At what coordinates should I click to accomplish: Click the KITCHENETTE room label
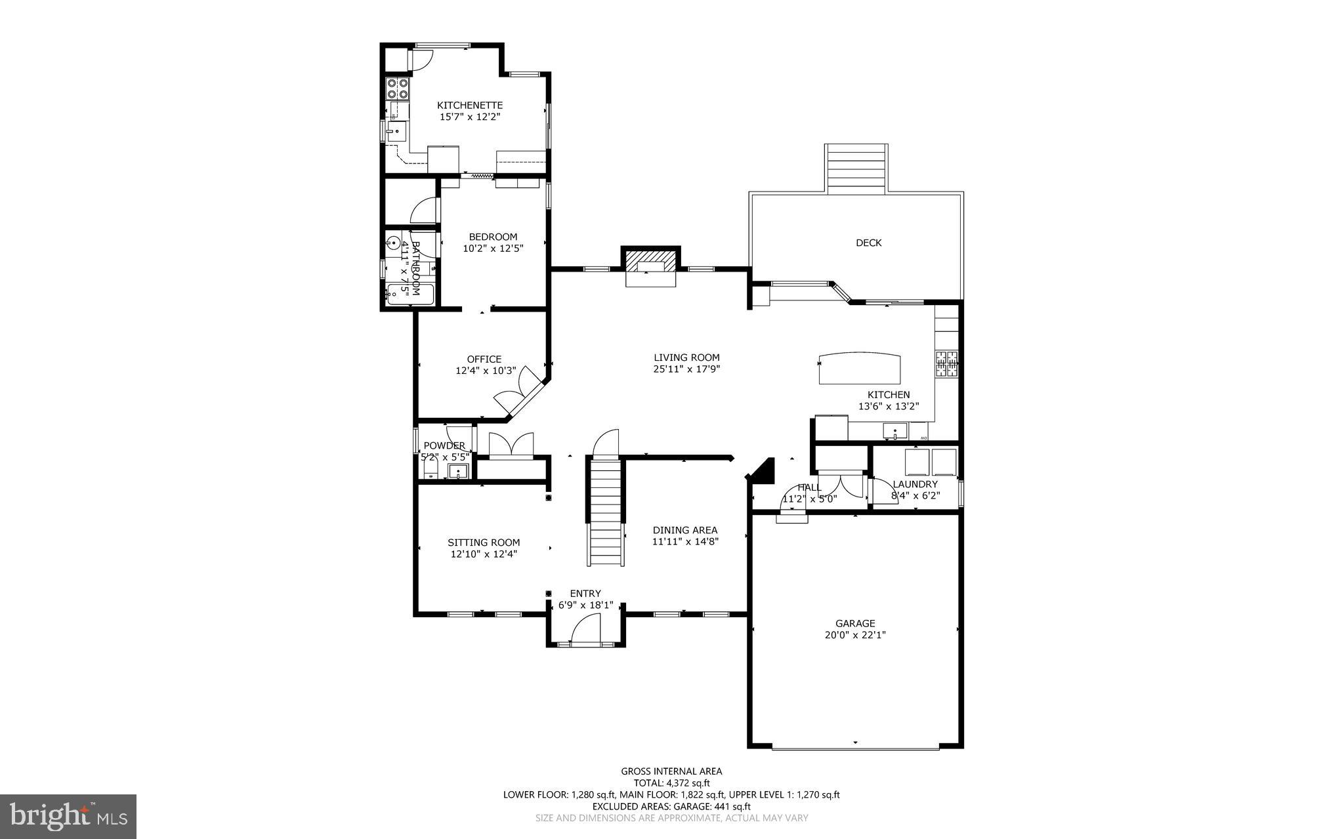(x=470, y=105)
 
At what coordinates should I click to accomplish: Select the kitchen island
(x=859, y=368)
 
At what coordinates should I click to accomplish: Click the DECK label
(x=868, y=243)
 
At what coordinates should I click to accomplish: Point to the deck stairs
(x=856, y=169)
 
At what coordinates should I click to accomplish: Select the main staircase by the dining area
(x=605, y=512)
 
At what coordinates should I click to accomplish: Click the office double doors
(x=517, y=391)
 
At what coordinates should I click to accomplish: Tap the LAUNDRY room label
(x=915, y=484)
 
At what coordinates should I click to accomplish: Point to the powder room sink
(x=458, y=470)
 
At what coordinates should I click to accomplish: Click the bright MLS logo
(x=68, y=816)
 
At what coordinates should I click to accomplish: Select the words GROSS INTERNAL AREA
(x=671, y=771)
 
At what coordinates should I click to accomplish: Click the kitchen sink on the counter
(x=894, y=432)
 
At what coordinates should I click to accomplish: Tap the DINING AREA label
(x=684, y=530)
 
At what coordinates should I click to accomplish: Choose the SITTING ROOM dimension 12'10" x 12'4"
(x=484, y=554)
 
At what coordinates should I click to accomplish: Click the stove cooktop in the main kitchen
(x=946, y=364)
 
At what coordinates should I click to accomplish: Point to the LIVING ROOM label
(x=686, y=358)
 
